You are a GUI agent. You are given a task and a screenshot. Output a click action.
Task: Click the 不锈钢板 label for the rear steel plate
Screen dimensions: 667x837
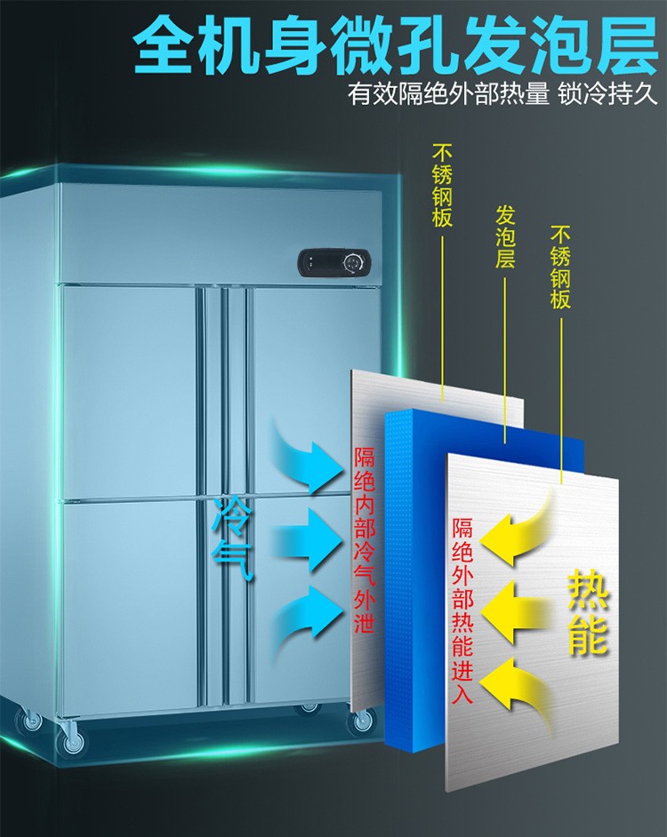[x=442, y=186]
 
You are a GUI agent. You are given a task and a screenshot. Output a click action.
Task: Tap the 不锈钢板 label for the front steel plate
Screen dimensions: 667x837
[x=560, y=267]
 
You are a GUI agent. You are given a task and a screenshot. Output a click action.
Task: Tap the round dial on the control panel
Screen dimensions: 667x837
[x=354, y=262]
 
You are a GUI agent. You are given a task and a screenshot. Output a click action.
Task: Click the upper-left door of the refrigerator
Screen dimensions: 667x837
[x=130, y=391]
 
